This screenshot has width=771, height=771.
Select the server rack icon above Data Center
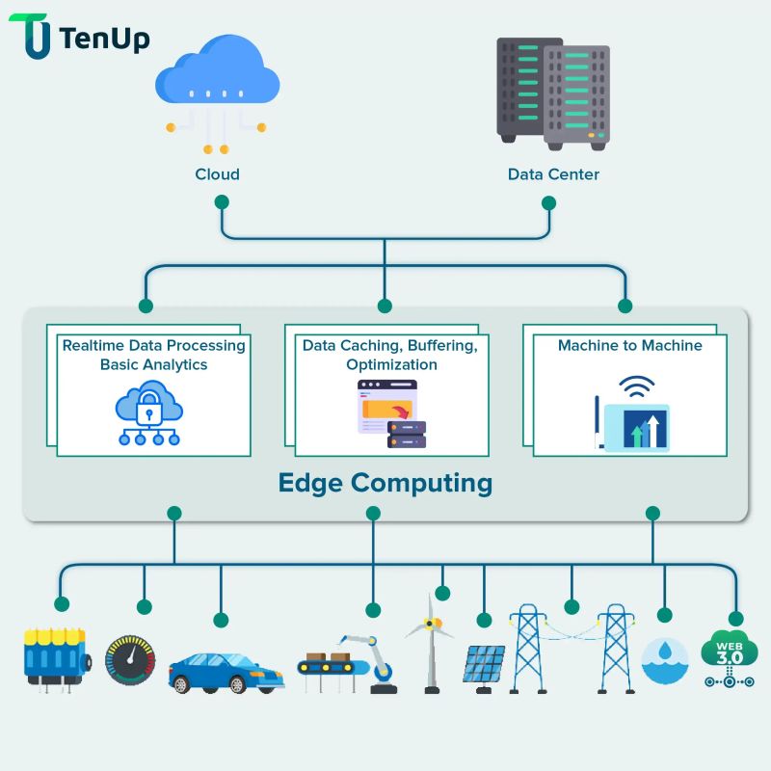pos(553,93)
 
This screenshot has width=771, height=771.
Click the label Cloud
pos(217,174)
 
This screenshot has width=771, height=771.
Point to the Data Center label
pos(553,174)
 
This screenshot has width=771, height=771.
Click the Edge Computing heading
pos(385,482)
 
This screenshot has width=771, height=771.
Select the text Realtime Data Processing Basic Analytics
pos(154,355)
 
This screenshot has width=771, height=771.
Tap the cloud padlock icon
pos(148,412)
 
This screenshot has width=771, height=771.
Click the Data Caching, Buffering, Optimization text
pos(390,355)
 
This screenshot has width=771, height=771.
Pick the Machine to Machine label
pos(629,345)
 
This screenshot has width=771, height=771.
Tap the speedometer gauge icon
pos(129,660)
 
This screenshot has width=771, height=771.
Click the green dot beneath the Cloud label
pos(222,202)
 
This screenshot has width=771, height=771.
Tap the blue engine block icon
pos(55,657)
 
